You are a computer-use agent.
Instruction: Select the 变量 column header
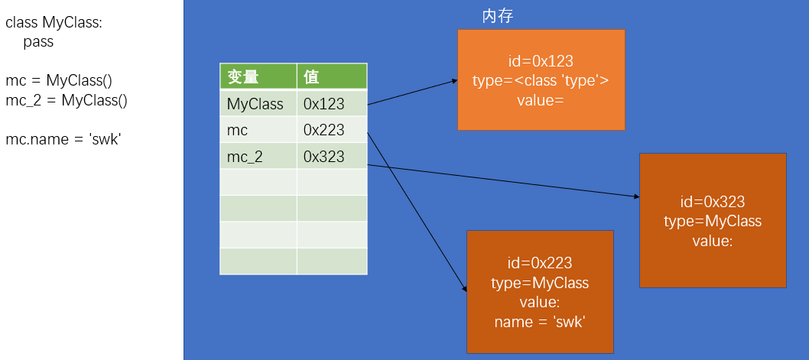point(243,77)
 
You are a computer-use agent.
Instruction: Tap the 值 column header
point(311,77)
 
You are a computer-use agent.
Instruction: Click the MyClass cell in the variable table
point(255,104)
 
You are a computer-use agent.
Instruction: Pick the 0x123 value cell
point(324,104)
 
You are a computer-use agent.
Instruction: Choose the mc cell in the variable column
point(238,130)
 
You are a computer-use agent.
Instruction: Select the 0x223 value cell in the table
point(324,130)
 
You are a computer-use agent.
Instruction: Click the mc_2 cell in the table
point(245,157)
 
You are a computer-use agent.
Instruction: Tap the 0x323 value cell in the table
point(324,157)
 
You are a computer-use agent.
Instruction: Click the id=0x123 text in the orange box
point(541,61)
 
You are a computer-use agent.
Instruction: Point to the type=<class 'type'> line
point(541,80)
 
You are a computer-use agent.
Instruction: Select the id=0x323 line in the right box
point(713,202)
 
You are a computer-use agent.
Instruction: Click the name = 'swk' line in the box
point(540,322)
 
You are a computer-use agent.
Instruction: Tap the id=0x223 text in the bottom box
point(540,263)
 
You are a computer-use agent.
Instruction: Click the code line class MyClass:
point(54,23)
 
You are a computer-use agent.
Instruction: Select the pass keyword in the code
point(38,42)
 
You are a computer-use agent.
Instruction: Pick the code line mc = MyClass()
point(59,80)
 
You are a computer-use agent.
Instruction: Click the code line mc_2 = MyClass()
point(67,99)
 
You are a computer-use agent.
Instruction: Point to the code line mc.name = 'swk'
point(63,139)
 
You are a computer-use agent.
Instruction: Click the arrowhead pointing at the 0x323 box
point(636,196)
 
